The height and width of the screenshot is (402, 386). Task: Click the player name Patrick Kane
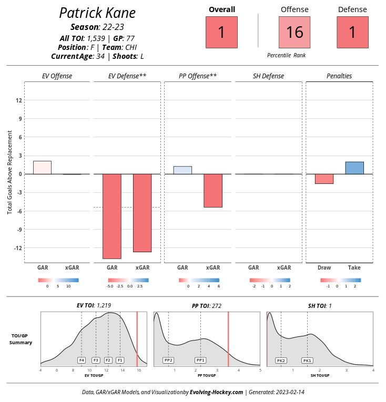click(97, 13)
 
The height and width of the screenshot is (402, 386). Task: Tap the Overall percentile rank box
click(221, 32)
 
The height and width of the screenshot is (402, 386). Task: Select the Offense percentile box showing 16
click(294, 32)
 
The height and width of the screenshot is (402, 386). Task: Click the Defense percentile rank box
click(352, 32)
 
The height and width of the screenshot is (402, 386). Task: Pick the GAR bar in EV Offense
click(42, 168)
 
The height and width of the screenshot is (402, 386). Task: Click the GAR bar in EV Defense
click(112, 216)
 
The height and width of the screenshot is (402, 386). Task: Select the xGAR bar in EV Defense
click(143, 213)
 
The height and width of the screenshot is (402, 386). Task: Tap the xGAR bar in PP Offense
click(213, 191)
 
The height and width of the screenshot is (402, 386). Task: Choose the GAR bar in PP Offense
click(182, 170)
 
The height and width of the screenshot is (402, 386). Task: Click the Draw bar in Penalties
click(324, 179)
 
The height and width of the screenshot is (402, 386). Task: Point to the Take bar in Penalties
click(354, 168)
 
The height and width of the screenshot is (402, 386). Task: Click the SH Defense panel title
click(268, 76)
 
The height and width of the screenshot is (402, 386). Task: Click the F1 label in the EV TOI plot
click(120, 360)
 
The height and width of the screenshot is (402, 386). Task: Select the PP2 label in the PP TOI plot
click(168, 360)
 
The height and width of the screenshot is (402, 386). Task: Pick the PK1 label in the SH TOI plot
click(307, 360)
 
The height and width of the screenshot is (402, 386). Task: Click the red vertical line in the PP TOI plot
click(228, 339)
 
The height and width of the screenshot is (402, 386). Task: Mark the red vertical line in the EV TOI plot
click(137, 339)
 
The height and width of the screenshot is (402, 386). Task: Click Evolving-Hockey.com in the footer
click(216, 392)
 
